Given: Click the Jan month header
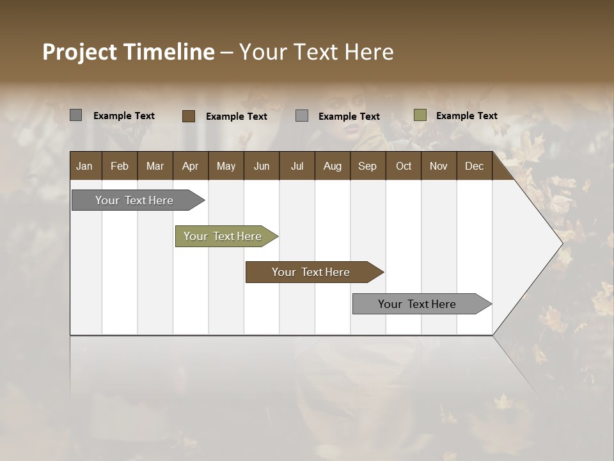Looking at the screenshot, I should (85, 166).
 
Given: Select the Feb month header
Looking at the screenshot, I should (120, 166).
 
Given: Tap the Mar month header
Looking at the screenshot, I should (155, 166).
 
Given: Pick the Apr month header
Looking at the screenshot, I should (190, 166).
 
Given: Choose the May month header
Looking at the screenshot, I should (226, 166).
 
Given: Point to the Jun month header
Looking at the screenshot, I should (262, 166).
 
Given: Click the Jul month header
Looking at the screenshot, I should (297, 166).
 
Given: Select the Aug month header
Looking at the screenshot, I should (332, 166).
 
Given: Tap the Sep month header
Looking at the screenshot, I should (368, 166).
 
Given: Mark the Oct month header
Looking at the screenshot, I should (404, 166).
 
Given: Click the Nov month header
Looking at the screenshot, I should (439, 166).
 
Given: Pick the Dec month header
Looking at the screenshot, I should (474, 166).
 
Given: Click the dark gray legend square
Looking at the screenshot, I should (76, 115).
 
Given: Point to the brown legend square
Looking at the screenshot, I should (189, 116).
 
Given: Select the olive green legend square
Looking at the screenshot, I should (420, 115).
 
